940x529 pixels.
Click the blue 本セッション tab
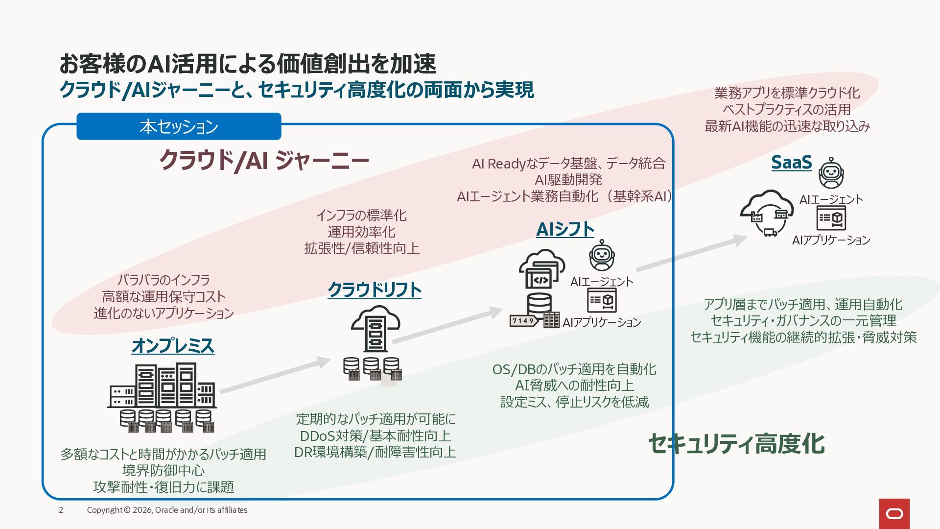[x=179, y=126]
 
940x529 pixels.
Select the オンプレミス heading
[x=173, y=346]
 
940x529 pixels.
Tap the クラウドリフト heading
[x=375, y=289]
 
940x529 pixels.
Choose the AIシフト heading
[x=565, y=229]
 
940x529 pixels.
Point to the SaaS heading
[x=792, y=162]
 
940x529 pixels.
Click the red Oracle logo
[x=894, y=514]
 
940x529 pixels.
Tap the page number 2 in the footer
[x=61, y=510]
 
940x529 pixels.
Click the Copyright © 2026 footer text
[x=167, y=510]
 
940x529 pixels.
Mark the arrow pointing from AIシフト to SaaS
[x=692, y=253]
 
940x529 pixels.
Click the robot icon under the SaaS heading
[x=831, y=173]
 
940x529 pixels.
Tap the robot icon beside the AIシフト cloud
[x=602, y=255]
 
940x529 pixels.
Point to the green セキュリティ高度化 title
[x=736, y=444]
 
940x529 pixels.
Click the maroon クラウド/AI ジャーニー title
[x=264, y=160]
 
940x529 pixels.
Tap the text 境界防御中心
[x=164, y=470]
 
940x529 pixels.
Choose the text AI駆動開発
[x=568, y=180]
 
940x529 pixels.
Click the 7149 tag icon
[x=523, y=321]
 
